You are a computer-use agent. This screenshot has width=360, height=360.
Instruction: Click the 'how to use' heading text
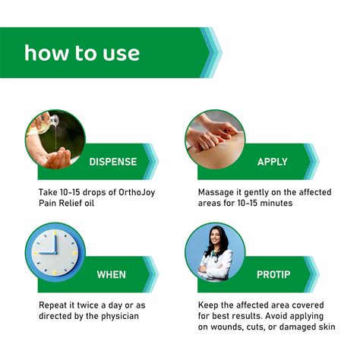(x=81, y=53)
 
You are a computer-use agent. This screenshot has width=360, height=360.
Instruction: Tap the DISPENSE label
(x=113, y=161)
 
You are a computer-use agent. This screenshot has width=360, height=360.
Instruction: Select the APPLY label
(x=272, y=161)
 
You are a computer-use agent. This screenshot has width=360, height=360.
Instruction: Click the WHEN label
(x=111, y=273)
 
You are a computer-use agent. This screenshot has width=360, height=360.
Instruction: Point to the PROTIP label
(x=271, y=273)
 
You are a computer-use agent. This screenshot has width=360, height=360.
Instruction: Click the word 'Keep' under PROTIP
(x=210, y=305)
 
